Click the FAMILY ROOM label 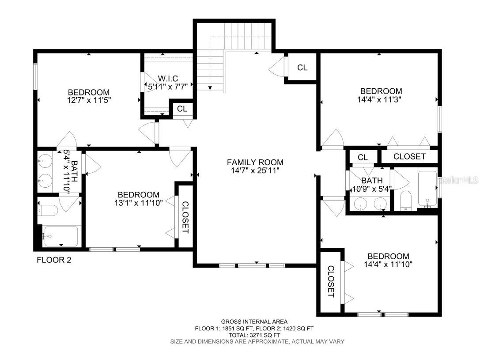pyautogui.click(x=255, y=162)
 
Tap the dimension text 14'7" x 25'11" pyautogui.click(x=255, y=170)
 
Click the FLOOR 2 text pyautogui.click(x=53, y=260)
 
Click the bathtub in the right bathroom pyautogui.click(x=427, y=189)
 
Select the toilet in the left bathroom pyautogui.click(x=48, y=211)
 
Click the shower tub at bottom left pyautogui.click(x=60, y=236)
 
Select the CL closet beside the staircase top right pyautogui.click(x=302, y=68)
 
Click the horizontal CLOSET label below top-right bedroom pyautogui.click(x=409, y=156)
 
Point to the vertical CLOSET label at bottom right pyautogui.click(x=331, y=281)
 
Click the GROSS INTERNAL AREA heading pyautogui.click(x=254, y=322)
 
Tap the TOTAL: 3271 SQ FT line pyautogui.click(x=254, y=335)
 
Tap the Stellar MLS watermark pyautogui.click(x=459, y=180)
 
